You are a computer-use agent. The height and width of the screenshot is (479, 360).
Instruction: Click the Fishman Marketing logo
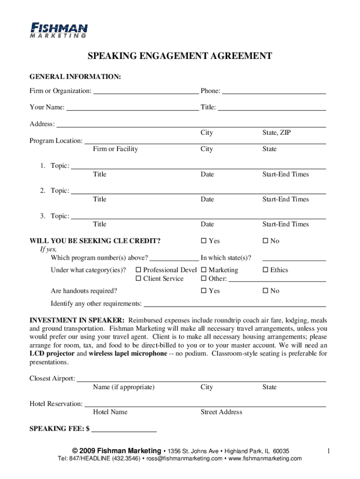point(59,29)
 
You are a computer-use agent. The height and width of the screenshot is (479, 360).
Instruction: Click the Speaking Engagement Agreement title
point(180,57)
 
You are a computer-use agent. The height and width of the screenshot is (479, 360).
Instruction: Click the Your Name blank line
point(132,108)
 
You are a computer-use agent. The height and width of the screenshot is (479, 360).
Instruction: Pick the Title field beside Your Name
point(272,108)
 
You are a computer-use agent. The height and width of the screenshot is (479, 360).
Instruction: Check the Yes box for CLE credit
point(203,241)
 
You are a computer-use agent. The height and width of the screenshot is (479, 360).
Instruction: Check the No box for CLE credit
point(266,241)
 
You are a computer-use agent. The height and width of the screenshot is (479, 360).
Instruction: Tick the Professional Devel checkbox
point(138,270)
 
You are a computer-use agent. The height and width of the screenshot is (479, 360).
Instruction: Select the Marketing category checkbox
point(203,270)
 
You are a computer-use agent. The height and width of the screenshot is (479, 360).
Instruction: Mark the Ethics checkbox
point(266,270)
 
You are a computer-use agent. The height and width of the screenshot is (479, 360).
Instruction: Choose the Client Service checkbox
point(138,279)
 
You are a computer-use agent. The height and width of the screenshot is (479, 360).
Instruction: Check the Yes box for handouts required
point(203,291)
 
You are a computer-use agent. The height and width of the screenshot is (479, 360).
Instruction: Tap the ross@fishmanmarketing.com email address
point(184,459)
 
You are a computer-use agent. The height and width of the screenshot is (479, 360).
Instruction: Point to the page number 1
point(329,451)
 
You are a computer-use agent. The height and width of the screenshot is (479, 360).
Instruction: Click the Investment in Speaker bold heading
point(77,320)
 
